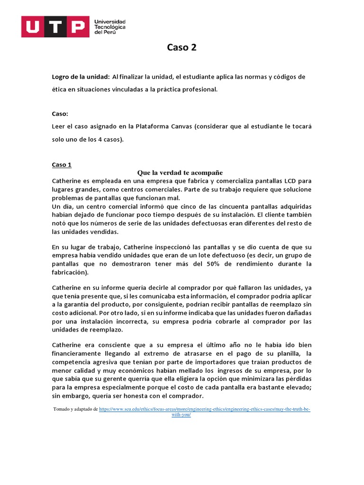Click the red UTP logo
point(55,27)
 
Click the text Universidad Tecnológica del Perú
point(110,27)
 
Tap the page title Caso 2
point(182,47)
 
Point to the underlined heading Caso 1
point(61,165)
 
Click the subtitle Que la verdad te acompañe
point(180,172)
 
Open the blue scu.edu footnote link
point(205,409)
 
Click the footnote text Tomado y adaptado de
point(76,409)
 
